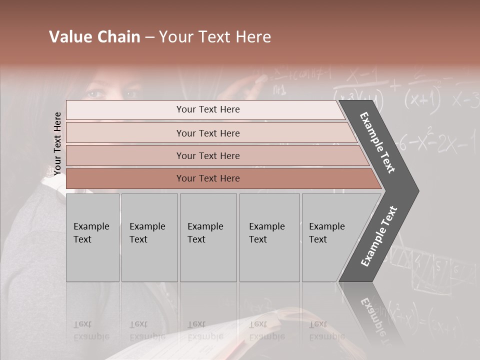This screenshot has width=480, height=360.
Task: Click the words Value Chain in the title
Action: coord(94,37)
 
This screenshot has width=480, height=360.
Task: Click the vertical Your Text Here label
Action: coord(58,143)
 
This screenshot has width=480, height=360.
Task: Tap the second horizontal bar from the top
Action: coord(208,133)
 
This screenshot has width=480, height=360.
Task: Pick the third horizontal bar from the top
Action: coord(208,155)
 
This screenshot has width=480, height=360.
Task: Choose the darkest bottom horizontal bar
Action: coord(208,178)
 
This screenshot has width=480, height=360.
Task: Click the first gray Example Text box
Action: coord(92,237)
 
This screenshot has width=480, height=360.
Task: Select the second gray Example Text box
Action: coord(149,237)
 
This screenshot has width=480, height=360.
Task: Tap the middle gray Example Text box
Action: coord(208,237)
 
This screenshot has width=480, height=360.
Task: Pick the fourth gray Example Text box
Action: coord(269,237)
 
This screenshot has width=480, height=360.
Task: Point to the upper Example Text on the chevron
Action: coord(378,142)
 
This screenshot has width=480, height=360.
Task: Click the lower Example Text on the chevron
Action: coord(379,236)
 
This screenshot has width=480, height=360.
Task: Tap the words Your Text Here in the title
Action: coord(215,37)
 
